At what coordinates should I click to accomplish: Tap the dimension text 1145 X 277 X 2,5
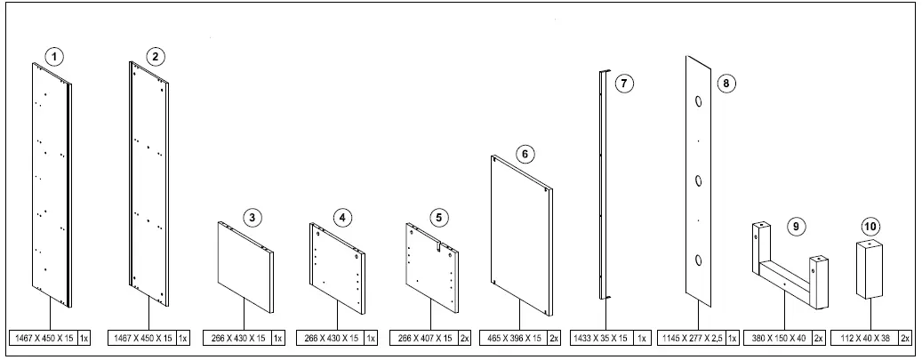click(692, 338)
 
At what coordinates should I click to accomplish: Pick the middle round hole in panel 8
click(699, 181)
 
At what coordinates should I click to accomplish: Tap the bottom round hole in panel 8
click(699, 260)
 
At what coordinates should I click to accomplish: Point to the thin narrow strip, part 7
click(601, 187)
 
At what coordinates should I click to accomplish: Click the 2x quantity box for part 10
click(904, 338)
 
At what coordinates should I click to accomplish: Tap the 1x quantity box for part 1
click(84, 338)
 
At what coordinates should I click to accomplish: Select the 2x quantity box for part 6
click(554, 338)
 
